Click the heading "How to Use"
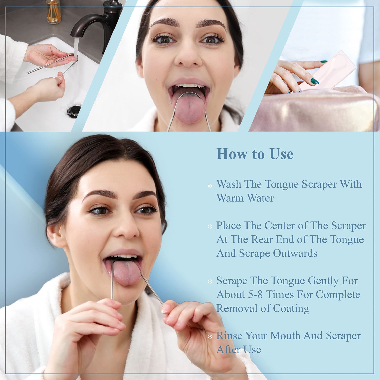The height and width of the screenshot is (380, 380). (255, 154)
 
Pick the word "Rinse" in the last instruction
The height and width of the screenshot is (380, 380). (229, 336)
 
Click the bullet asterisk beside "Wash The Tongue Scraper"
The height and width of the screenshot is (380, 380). (210, 186)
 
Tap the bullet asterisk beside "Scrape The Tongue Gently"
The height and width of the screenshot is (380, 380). (210, 282)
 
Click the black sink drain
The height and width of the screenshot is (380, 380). (74, 110)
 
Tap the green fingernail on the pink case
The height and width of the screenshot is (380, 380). (315, 81)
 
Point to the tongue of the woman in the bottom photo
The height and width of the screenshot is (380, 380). (126, 274)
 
